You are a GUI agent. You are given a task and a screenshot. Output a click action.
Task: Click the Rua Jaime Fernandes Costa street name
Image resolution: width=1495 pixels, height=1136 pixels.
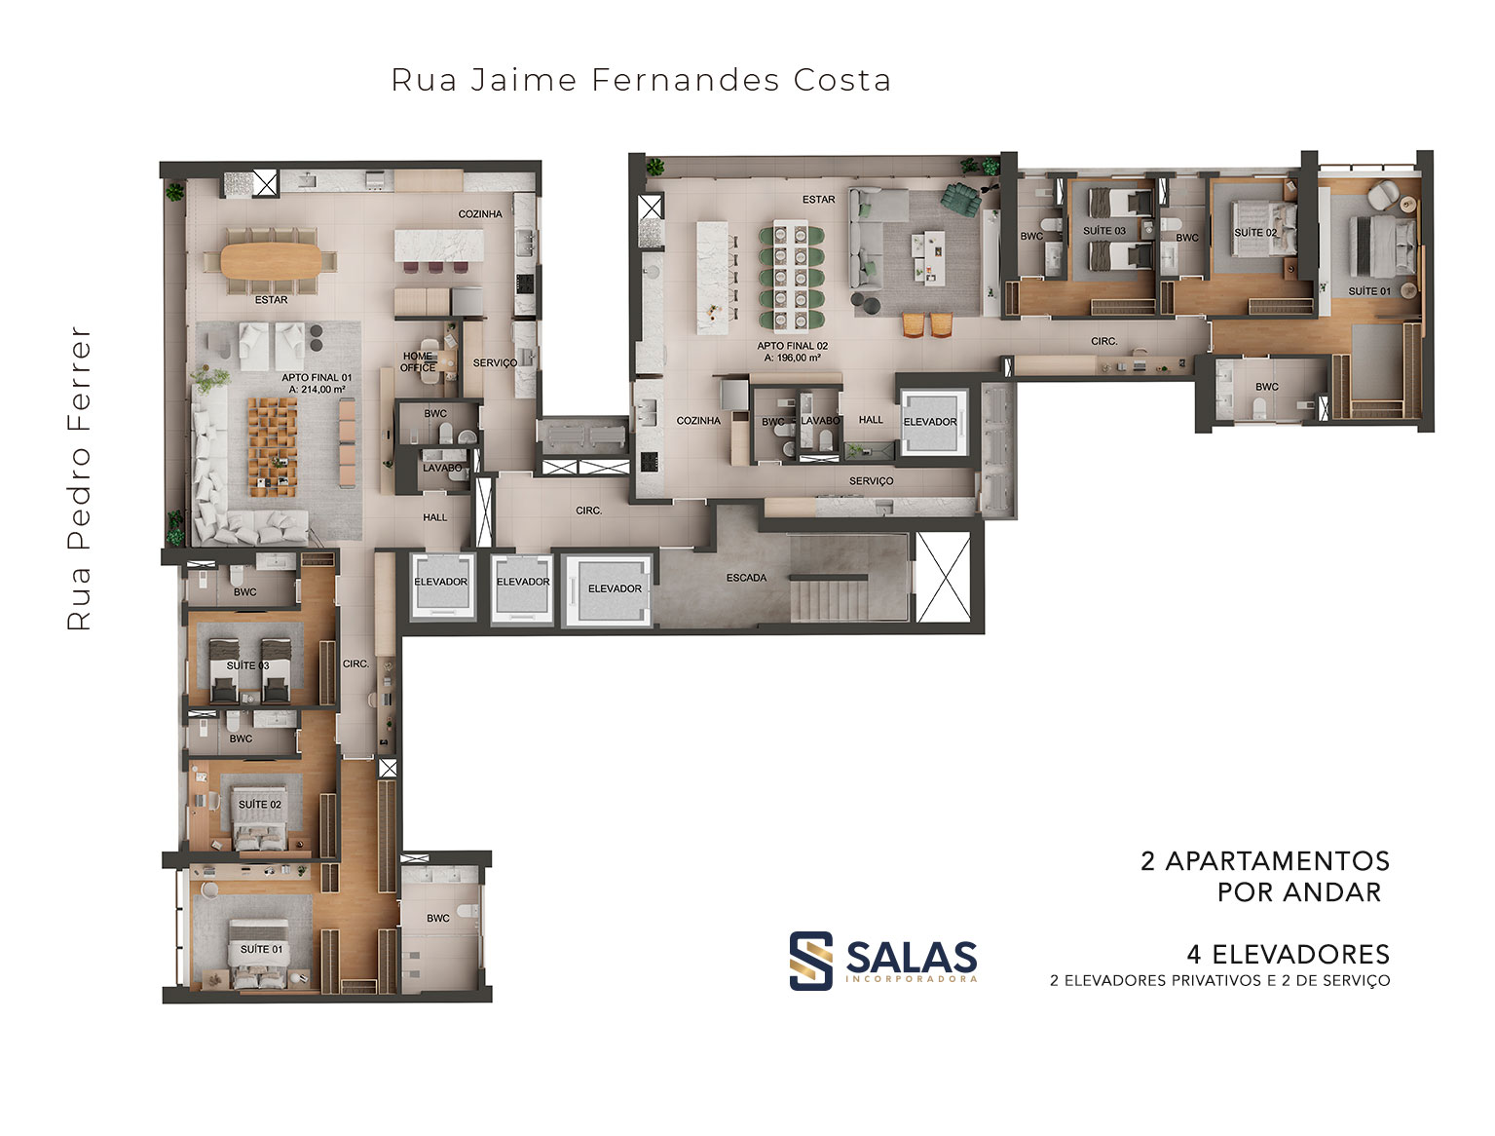640,80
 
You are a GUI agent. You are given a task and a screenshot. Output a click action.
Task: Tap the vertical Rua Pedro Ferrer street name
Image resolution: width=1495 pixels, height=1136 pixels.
79,478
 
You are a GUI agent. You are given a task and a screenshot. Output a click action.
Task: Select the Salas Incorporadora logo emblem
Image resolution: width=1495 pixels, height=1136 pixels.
810,960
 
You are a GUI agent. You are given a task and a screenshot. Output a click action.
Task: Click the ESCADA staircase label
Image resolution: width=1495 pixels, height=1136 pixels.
746,578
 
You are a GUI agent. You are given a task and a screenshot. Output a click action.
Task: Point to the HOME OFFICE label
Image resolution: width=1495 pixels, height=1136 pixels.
418,361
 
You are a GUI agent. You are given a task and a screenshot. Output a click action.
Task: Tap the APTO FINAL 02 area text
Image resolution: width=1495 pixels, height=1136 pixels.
792,345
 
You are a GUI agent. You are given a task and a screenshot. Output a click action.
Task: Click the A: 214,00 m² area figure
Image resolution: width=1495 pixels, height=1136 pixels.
318,390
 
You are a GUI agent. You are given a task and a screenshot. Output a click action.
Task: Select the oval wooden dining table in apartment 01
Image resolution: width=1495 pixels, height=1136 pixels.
271,259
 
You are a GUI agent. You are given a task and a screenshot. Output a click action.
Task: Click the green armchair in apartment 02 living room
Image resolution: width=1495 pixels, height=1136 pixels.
960,199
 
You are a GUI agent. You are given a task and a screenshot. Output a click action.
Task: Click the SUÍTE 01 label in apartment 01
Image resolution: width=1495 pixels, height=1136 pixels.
261,949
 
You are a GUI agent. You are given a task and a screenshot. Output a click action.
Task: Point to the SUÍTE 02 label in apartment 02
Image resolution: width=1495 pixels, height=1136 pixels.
1255,232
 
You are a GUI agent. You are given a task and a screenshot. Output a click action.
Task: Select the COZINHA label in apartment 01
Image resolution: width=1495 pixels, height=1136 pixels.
480,213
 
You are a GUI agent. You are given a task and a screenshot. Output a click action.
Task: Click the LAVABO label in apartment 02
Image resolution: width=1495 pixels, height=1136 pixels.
820,421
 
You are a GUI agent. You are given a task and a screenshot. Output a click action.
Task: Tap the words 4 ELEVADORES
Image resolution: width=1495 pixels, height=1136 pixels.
1288,954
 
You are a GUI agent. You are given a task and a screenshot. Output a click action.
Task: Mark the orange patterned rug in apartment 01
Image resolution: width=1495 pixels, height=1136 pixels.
272,447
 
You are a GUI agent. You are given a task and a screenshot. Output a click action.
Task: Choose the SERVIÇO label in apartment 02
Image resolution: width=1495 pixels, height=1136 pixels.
871,481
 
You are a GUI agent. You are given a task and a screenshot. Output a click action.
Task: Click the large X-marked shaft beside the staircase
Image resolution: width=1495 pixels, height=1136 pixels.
944,577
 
